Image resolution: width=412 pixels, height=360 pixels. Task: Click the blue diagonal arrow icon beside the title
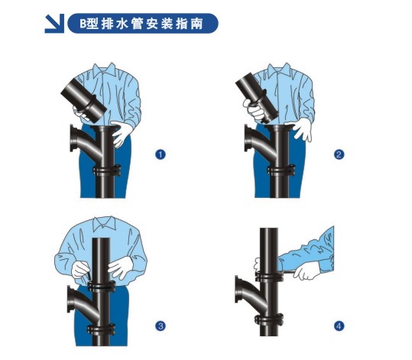(54, 24)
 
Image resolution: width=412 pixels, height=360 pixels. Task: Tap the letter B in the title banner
(83, 24)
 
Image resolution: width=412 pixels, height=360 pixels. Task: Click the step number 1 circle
(161, 154)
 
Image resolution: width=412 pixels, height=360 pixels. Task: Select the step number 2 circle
(339, 154)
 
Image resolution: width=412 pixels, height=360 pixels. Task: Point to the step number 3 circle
(161, 326)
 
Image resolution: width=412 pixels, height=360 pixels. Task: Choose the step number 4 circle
(339, 326)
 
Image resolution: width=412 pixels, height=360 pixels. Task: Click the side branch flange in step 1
(73, 138)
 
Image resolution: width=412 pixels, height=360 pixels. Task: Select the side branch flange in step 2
(247, 138)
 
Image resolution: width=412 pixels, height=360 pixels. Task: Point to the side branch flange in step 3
(70, 299)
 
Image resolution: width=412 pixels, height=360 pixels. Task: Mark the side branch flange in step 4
(238, 289)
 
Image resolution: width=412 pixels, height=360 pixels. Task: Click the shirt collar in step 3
(104, 223)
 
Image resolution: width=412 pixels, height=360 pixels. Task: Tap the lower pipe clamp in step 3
(101, 329)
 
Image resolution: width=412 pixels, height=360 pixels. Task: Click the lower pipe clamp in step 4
(269, 319)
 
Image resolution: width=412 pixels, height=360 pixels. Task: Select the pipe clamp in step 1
(107, 170)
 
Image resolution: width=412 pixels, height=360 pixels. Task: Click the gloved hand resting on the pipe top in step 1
(122, 133)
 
